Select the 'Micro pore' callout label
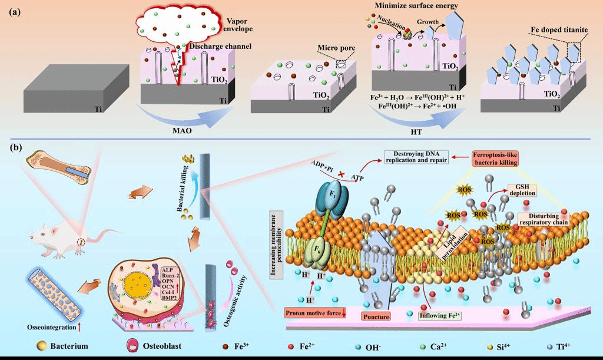click(333, 47)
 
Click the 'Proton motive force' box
click(316, 312)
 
